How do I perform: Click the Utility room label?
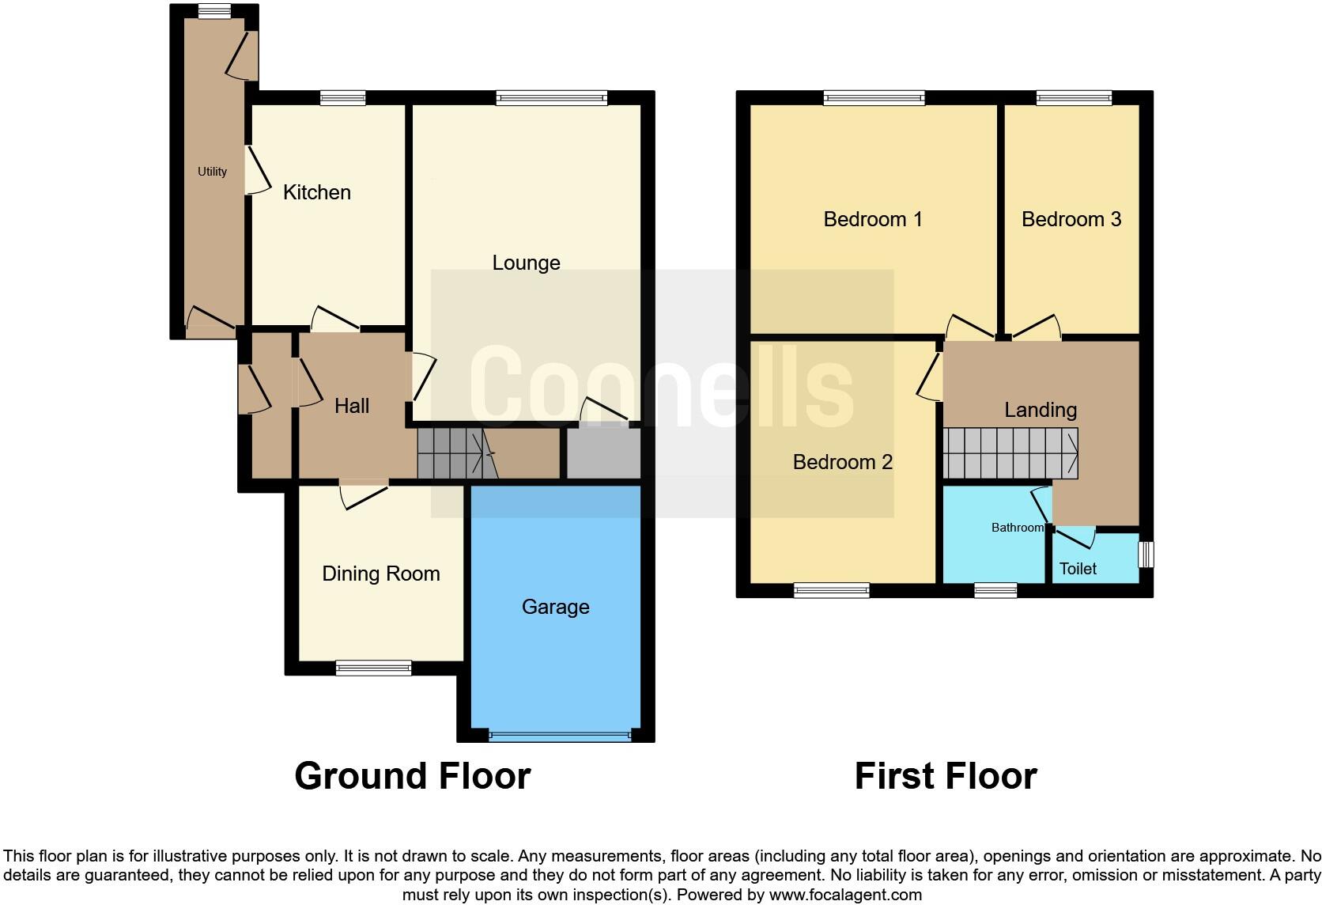tap(212, 172)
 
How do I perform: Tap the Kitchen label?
tap(316, 192)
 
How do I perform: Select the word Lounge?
tap(526, 263)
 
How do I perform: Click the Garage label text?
tap(555, 607)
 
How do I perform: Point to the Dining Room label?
tap(380, 574)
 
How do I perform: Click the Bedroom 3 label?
tap(1071, 219)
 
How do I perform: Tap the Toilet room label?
tap(1077, 569)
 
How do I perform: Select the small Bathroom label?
tap(1017, 528)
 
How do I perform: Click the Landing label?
tap(1040, 410)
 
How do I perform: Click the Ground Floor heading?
tap(412, 776)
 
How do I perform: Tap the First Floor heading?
tap(945, 776)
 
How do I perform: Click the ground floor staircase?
tap(455, 453)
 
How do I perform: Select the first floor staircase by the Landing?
tap(1010, 453)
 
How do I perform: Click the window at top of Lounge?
tap(551, 98)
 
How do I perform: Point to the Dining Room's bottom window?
tap(373, 668)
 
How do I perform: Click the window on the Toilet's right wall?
tap(1145, 554)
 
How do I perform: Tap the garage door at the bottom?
tap(560, 736)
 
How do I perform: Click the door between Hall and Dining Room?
tap(363, 492)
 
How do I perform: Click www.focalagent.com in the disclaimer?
tap(844, 895)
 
